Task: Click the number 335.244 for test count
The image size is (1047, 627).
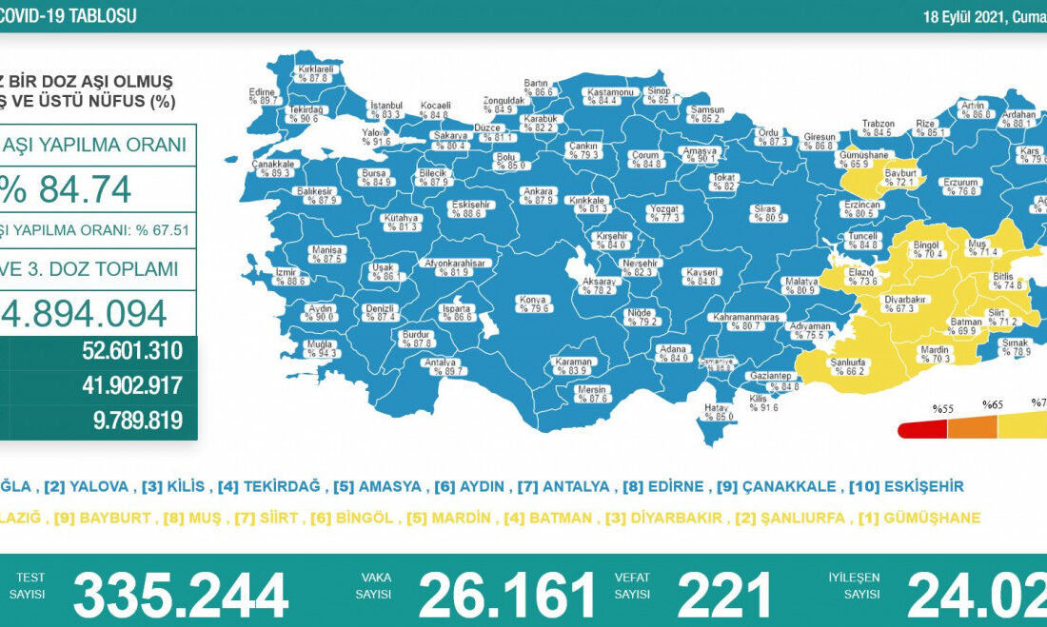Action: click(180, 597)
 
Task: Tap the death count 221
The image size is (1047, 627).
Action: click(724, 597)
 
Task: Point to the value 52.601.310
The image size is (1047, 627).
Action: click(131, 351)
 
